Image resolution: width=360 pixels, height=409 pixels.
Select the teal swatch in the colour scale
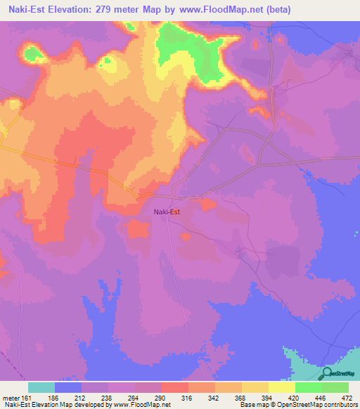(41, 387)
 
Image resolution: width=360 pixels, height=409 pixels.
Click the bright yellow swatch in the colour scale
(281, 387)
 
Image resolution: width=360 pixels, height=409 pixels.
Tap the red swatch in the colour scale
(174, 387)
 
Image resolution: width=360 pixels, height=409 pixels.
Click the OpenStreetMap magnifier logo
(328, 374)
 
